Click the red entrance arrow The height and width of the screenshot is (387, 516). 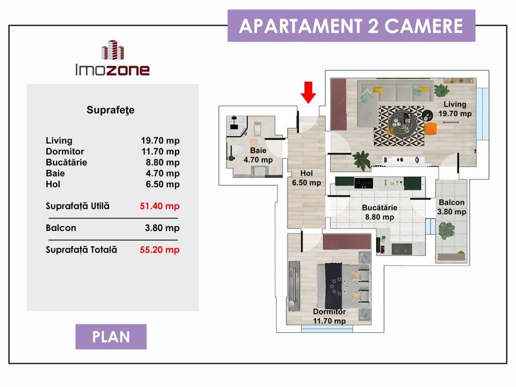click(x=308, y=92)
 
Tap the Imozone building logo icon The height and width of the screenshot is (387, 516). click(x=112, y=50)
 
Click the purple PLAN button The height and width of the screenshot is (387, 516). click(x=111, y=337)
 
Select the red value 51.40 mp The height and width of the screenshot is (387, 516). click(x=159, y=206)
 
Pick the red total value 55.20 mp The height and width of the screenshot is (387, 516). click(x=159, y=250)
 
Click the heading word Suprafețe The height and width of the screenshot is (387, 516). click(x=110, y=110)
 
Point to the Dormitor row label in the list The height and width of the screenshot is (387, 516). click(x=65, y=152)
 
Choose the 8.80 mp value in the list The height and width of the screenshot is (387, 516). click(x=163, y=163)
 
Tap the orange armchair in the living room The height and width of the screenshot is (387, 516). click(x=430, y=128)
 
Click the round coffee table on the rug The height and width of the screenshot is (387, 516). click(x=401, y=123)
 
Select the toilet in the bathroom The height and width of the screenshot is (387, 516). click(x=235, y=152)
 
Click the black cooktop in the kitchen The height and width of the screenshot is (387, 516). click(x=363, y=183)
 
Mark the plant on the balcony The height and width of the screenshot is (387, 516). click(x=446, y=230)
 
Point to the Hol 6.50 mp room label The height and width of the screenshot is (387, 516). click(x=306, y=178)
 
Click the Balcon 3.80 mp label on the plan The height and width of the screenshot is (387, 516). click(x=451, y=207)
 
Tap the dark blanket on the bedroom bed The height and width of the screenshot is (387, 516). click(x=333, y=286)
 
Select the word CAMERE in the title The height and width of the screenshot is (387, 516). click(x=424, y=26)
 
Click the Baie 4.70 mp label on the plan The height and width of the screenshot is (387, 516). click(x=258, y=155)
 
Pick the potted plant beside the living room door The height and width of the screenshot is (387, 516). click(x=361, y=161)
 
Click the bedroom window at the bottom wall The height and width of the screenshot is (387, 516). click(x=328, y=328)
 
